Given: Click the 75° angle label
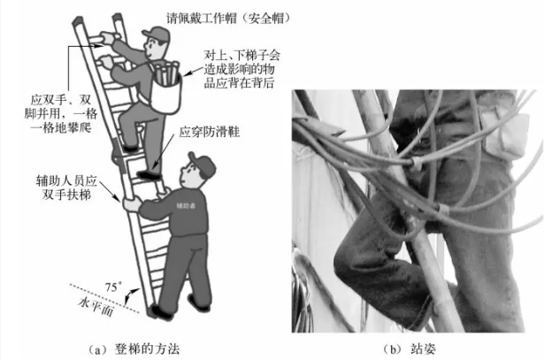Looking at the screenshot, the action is [113, 287].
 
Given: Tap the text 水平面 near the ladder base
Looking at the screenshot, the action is [96, 307].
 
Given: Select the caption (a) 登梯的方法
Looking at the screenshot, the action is [134, 349].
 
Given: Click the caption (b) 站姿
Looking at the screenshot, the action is [410, 349].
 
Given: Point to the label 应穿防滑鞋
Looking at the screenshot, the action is [210, 132].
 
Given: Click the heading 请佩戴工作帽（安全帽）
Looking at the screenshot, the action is [228, 18].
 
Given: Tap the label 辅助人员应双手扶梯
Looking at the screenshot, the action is [66, 188].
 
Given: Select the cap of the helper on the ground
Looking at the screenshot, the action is [202, 164].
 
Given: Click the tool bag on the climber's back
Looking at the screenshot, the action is [166, 87].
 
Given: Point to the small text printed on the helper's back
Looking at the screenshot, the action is [186, 206].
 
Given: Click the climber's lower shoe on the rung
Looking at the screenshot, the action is [149, 174].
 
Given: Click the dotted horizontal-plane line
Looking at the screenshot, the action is [104, 298].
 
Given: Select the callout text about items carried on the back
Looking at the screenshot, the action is [241, 69].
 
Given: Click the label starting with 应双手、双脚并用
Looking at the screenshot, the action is [61, 114].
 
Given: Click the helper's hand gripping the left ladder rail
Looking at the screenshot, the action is [131, 204].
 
